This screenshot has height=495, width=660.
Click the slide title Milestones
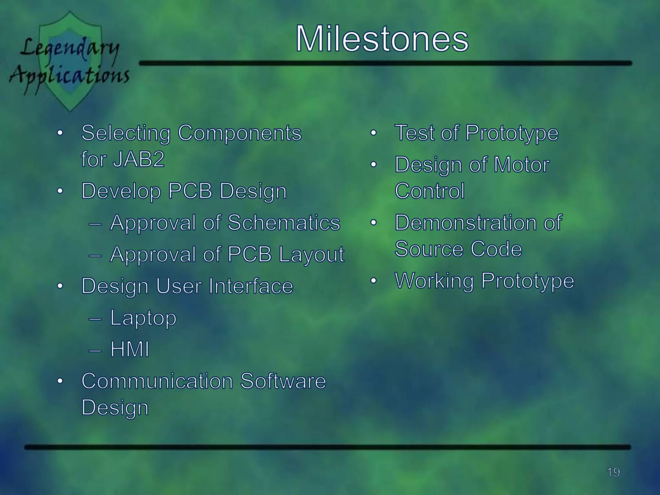tap(382, 39)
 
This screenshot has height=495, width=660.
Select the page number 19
tap(613, 472)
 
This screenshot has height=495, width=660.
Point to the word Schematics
tap(284, 223)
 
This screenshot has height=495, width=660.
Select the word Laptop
tap(143, 318)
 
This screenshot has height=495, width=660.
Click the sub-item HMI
tap(130, 349)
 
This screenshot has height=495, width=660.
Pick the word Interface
tap(251, 286)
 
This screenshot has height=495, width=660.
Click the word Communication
tap(157, 381)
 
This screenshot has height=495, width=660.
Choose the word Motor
tap(521, 165)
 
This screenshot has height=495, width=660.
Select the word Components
tap(239, 133)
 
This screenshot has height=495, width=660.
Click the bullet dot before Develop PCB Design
tap(60, 191)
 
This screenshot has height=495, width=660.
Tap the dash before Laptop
tap(95, 319)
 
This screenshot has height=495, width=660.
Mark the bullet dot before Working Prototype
tap(373, 281)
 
